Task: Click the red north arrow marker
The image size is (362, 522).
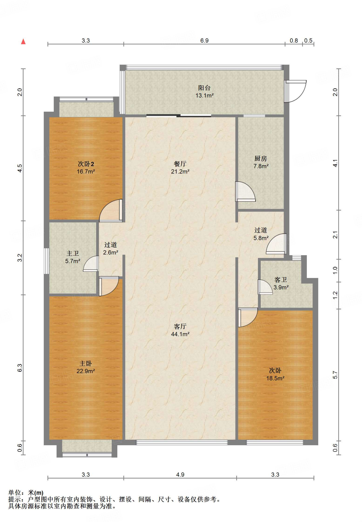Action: (23, 41)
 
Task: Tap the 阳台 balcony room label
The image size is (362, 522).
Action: (204, 88)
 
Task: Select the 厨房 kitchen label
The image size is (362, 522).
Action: (260, 159)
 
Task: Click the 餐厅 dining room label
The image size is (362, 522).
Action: (180, 164)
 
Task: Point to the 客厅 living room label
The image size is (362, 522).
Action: (180, 327)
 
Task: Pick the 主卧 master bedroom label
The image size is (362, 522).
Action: (85, 363)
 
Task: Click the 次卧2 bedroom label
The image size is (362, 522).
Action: (86, 164)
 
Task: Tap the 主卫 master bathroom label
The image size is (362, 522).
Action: (73, 253)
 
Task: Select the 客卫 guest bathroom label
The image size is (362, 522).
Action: (281, 280)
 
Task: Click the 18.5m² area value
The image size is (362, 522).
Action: (275, 378)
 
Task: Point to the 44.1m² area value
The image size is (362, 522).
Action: (180, 334)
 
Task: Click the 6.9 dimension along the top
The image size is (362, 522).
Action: (204, 41)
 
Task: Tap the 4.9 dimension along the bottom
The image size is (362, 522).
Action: (180, 475)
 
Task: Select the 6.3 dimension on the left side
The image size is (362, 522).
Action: (20, 368)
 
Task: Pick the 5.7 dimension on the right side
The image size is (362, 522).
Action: (335, 375)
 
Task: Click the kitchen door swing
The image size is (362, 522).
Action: (245, 191)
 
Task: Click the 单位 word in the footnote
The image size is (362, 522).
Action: (15, 493)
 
